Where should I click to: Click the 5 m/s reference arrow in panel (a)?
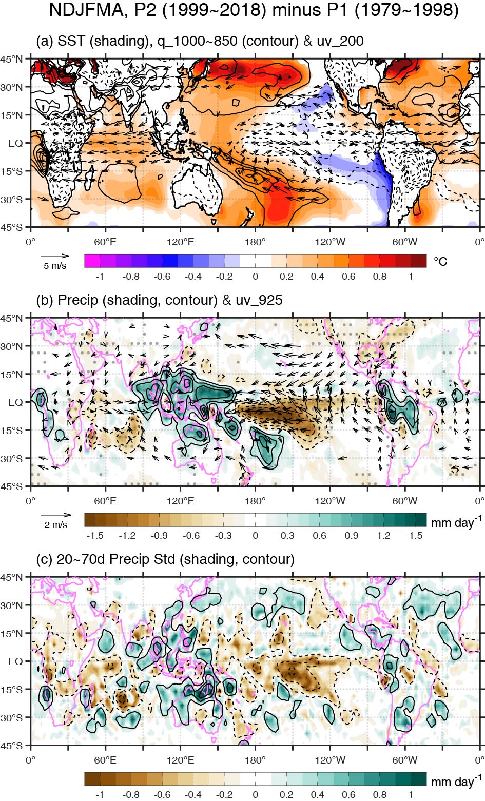55,256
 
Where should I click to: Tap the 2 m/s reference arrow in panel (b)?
56,515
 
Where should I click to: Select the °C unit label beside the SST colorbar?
440,261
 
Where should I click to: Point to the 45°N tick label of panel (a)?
12,59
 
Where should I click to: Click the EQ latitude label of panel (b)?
15,402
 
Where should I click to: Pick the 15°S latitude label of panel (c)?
12,690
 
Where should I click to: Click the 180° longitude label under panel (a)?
255,242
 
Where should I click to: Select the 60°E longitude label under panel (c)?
106,760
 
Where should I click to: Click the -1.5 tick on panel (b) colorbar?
95,536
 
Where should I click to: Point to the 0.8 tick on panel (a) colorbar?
380,277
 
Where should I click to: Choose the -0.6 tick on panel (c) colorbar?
162,795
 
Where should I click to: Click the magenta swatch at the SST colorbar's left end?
92,261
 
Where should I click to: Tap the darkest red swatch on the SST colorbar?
419,261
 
